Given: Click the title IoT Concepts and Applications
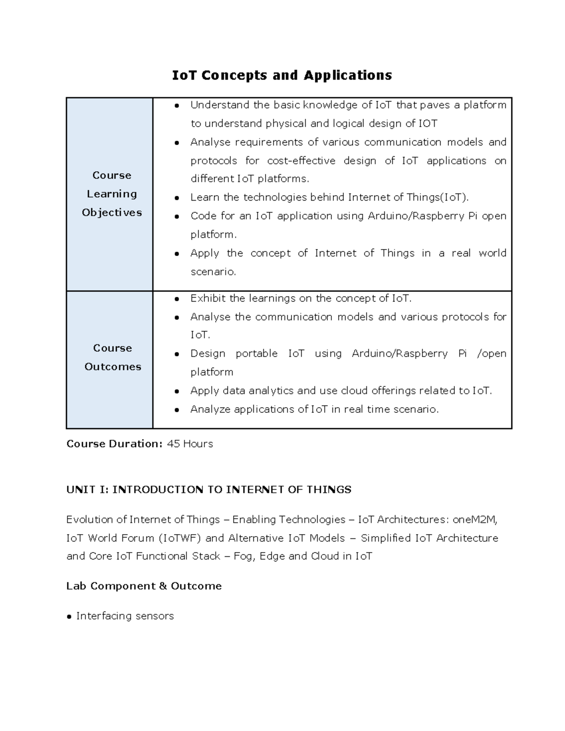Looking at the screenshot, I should point(282,75).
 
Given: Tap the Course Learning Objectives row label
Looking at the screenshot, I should point(112,194).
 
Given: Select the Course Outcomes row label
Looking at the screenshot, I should point(113,357).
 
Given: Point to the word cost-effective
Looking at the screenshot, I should point(301,161).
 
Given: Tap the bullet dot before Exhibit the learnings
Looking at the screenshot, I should point(177,299).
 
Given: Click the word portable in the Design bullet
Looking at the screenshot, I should point(256,353).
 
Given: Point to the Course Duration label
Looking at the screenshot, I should point(114,444).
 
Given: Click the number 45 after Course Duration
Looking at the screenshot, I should point(173,444).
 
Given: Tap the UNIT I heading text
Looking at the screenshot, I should point(209,490).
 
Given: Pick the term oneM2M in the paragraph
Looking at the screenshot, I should point(475,520).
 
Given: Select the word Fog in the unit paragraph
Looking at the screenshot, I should point(243,556).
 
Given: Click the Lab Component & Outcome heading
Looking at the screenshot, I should point(144,586).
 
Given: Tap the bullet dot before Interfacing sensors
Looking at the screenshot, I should point(70,617).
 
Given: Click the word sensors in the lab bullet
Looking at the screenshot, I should point(154,616).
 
